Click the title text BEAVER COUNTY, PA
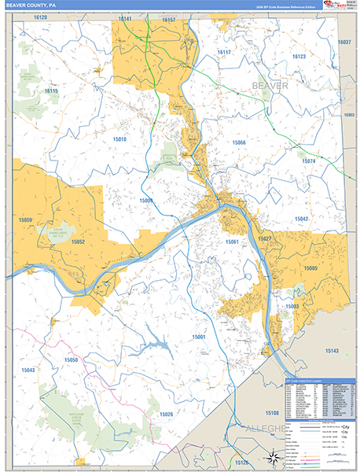[x=32, y=6]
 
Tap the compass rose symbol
[x=272, y=455]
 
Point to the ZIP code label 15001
[x=198, y=337]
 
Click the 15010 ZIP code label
[x=119, y=140]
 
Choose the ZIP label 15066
[x=239, y=142]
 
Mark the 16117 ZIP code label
[x=224, y=53]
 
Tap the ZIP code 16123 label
[x=299, y=57]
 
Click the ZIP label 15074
[x=307, y=161]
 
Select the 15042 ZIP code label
[x=303, y=219]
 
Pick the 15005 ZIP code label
[x=311, y=269]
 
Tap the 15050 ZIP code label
[x=71, y=360]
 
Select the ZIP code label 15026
[x=166, y=415]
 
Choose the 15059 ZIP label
[x=25, y=220]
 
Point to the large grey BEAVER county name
[x=270, y=85]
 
